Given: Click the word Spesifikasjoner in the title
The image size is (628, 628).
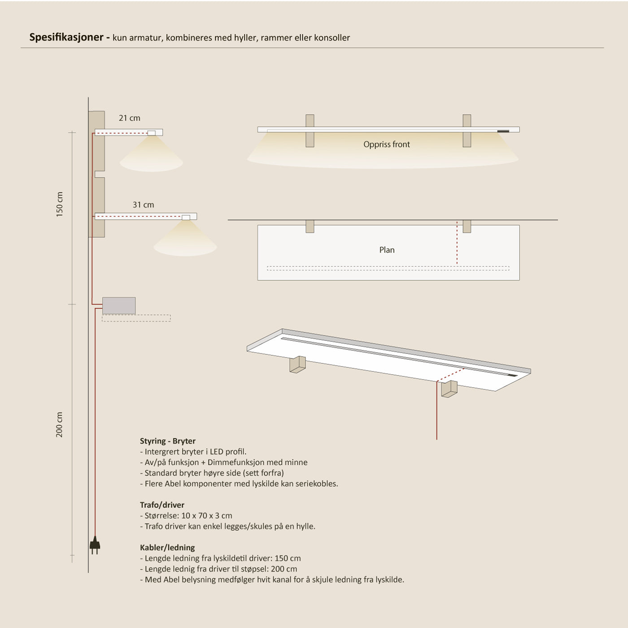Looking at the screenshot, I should click(66, 37).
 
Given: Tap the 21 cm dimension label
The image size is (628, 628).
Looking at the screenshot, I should click(129, 118).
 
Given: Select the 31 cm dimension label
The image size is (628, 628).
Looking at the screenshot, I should click(143, 205).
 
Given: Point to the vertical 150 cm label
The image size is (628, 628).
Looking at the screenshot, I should click(60, 205).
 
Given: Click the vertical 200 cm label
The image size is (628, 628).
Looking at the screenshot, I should click(60, 424).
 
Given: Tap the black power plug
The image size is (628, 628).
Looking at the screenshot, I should click(95, 545).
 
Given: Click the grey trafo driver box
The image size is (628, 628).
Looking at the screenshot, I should click(119, 305).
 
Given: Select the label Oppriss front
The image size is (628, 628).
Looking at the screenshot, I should click(386, 144).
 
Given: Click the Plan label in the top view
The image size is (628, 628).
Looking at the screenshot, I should click(387, 250).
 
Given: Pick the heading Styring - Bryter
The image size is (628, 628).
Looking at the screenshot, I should click(167, 441).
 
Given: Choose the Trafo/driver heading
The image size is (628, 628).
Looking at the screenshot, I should click(162, 505).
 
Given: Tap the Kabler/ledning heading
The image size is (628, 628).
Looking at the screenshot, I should click(167, 547).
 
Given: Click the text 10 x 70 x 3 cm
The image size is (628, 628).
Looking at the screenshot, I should click(207, 515).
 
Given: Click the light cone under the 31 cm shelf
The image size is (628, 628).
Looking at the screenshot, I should click(185, 242).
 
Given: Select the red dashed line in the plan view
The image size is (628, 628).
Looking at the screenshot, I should click(457, 243).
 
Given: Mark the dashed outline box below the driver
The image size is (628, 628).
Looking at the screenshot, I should click(136, 318).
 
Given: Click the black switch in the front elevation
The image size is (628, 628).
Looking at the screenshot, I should click(503, 131).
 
